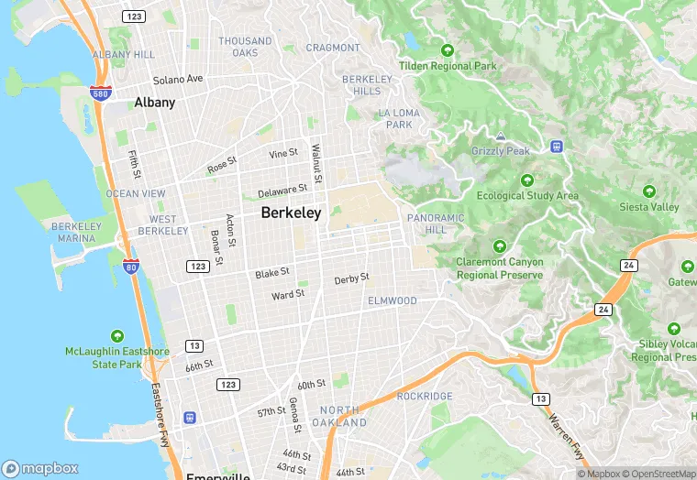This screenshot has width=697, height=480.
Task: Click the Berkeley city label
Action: point(291,213)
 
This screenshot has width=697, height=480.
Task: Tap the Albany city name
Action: point(154,103)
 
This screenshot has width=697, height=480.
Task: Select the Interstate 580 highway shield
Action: point(101,93)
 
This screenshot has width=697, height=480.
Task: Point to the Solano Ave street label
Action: point(178,80)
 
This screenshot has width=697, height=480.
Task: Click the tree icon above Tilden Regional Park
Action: point(448,50)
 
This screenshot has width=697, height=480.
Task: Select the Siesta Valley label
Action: point(648,207)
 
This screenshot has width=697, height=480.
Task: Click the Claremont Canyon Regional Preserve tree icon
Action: point(500,245)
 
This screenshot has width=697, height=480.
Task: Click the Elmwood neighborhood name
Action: point(392,300)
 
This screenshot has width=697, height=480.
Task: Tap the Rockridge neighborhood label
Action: point(425,396)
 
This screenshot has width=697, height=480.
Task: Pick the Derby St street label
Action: point(351,278)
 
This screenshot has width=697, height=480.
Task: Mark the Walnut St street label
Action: point(315,161)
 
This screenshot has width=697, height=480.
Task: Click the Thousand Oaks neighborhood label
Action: point(245,47)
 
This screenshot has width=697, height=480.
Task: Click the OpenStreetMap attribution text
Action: point(658,474)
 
